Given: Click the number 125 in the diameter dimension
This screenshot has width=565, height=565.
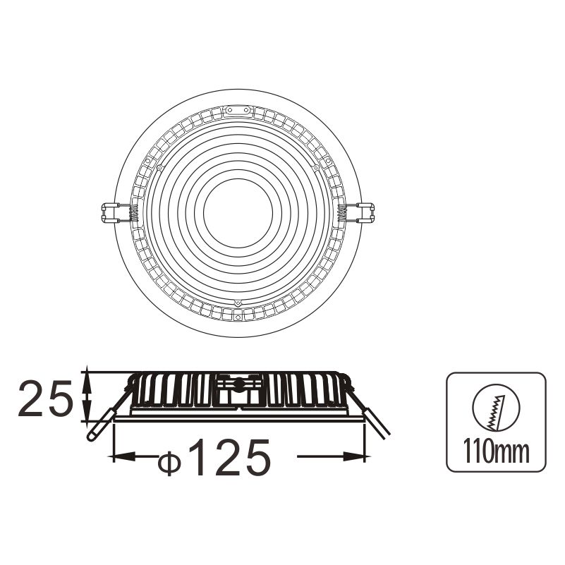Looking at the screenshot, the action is pos(229,456).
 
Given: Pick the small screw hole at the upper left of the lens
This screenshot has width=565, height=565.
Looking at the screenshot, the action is pos(159,168).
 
